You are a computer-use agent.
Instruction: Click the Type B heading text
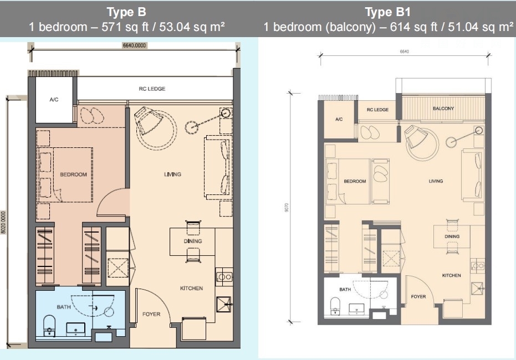pyautogui.click(x=126, y=12)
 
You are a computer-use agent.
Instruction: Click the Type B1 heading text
pyautogui.click(x=387, y=12)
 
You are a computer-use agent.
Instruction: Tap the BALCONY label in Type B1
pyautogui.click(x=443, y=109)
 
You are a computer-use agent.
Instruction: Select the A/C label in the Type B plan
pyautogui.click(x=54, y=99)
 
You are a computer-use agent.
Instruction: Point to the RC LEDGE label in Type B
pyautogui.click(x=152, y=89)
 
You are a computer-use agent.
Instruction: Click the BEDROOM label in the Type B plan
pyautogui.click(x=73, y=174)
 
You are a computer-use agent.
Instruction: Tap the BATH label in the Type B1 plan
pyautogui.click(x=345, y=289)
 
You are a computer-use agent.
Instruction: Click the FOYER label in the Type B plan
pyautogui.click(x=151, y=314)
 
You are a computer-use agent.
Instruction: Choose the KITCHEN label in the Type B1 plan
pyautogui.click(x=452, y=275)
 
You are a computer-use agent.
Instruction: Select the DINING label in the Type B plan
pyautogui.click(x=193, y=241)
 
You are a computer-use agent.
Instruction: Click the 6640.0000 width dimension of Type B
pyautogui.click(x=134, y=45)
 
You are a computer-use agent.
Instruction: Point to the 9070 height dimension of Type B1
pyautogui.click(x=287, y=208)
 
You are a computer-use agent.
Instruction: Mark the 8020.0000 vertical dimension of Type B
pyautogui.click(x=4, y=223)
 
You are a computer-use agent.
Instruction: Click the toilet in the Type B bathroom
pyautogui.click(x=49, y=326)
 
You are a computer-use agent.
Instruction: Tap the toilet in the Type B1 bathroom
pyautogui.click(x=335, y=306)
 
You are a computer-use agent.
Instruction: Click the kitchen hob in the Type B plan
pyautogui.click(x=224, y=276)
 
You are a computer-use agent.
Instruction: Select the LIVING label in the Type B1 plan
pyautogui.click(x=436, y=181)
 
